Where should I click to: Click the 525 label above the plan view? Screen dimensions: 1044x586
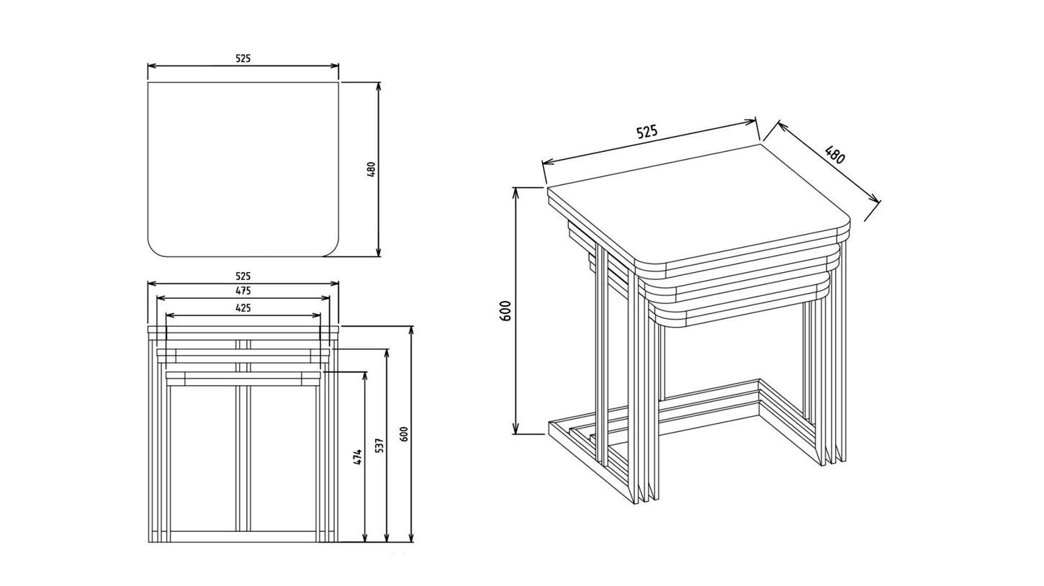tap(243, 58)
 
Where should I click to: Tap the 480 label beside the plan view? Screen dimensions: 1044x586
tap(372, 170)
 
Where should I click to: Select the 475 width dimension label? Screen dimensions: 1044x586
tap(243, 290)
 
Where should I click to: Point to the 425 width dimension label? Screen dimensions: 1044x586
tap(243, 307)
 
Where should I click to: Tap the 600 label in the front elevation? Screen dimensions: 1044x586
tap(404, 435)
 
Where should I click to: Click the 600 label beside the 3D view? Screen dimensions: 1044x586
tap(505, 310)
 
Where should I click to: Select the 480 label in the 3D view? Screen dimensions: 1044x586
tap(834, 155)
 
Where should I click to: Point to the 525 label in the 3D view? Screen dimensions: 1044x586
tap(647, 132)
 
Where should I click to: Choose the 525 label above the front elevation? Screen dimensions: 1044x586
tap(243, 276)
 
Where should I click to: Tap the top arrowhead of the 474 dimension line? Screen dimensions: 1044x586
tap(365, 377)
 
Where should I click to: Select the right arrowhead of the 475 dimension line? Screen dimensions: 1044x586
tap(325, 298)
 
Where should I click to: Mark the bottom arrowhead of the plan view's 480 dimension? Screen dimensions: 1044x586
tap(379, 252)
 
